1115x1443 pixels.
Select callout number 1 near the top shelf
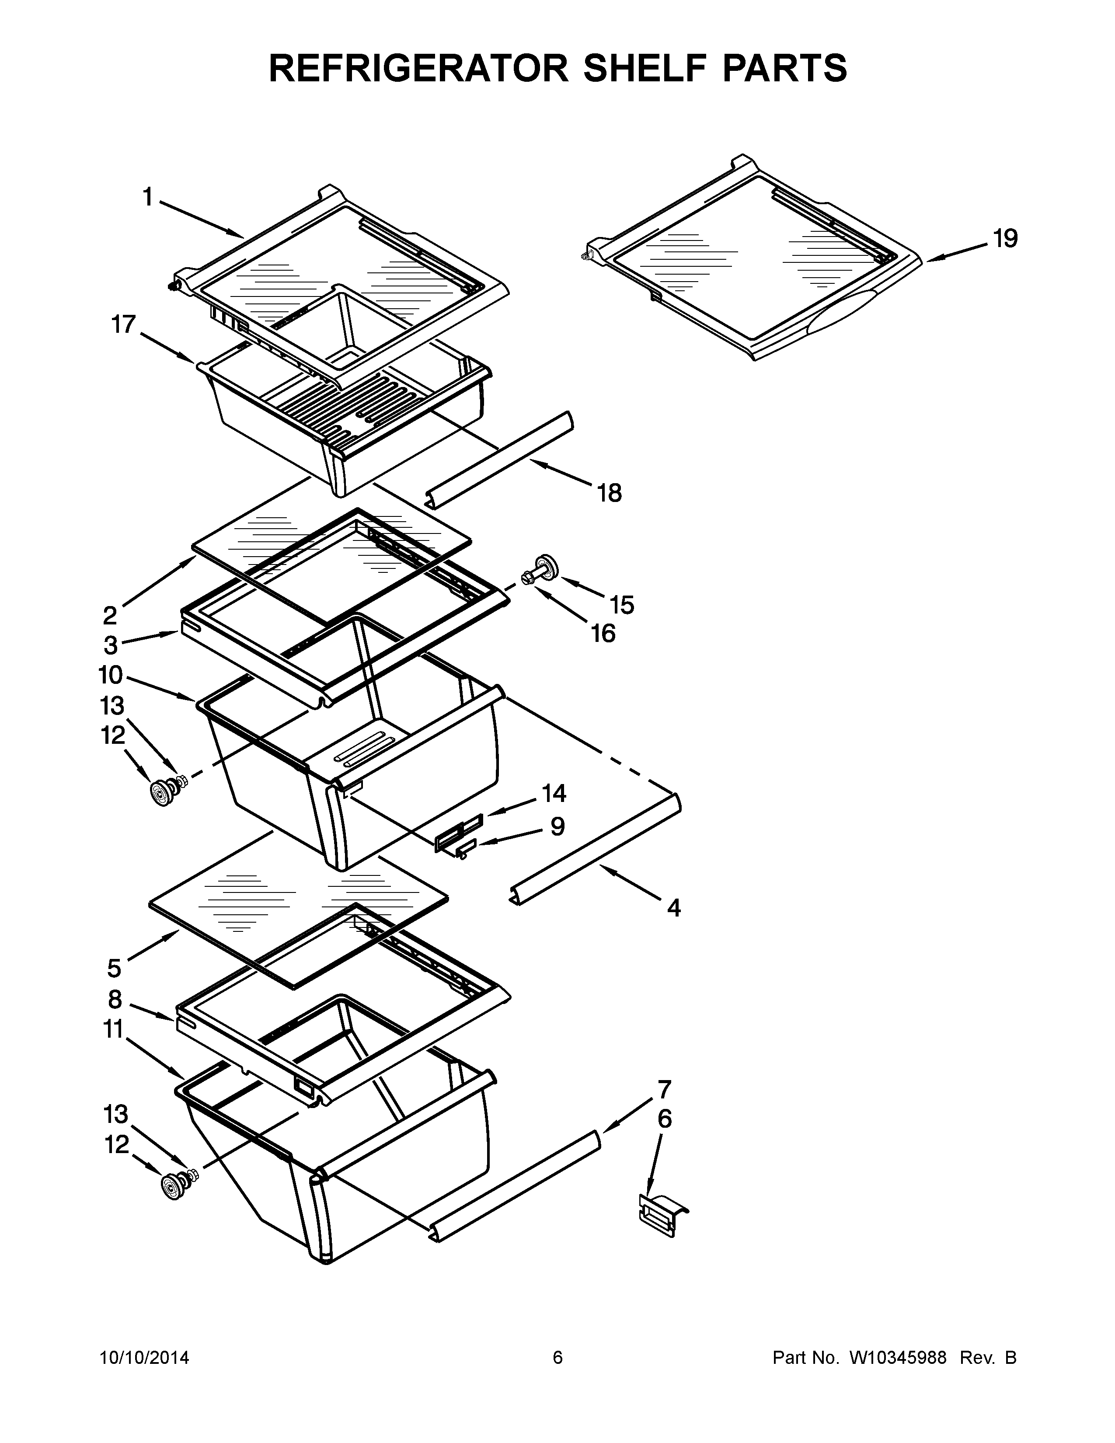[x=148, y=196]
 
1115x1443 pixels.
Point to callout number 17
[x=123, y=324]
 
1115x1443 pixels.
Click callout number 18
[x=609, y=492]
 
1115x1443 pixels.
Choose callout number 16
[x=603, y=633]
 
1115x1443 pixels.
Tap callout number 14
[x=554, y=792]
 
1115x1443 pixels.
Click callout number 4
[x=673, y=909]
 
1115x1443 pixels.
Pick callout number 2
[x=110, y=616]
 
